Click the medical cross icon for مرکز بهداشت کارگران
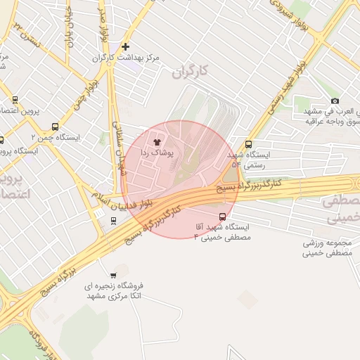click(125, 46)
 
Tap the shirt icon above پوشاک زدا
click(156, 142)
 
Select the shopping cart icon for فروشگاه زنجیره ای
click(113, 275)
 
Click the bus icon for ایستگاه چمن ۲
click(55, 127)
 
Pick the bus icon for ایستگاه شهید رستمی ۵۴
click(248, 145)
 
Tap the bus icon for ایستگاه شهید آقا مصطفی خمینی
click(223, 217)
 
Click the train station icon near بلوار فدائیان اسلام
click(113, 221)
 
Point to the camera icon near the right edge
click(334, 101)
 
